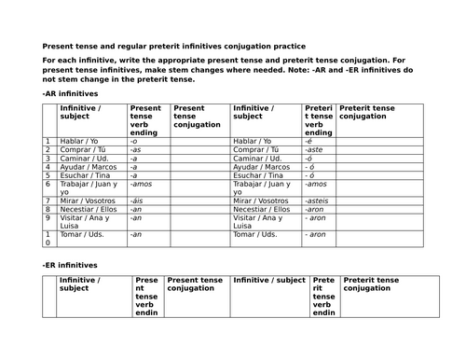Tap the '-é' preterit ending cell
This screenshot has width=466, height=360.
point(310,141)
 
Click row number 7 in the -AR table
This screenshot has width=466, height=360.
point(47,201)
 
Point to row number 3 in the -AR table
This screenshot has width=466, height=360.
point(47,158)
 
